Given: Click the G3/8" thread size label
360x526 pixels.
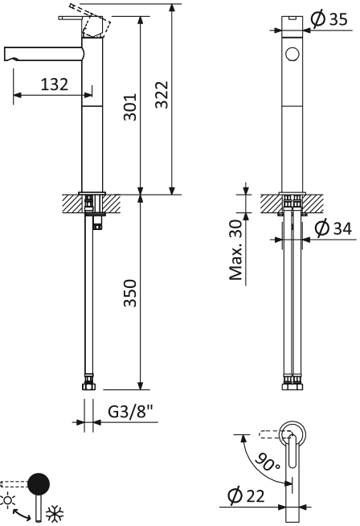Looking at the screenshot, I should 129,413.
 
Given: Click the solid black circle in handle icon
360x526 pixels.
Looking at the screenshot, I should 38,484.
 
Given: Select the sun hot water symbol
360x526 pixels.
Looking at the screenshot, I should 9,499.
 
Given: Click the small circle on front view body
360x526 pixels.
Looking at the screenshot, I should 292,55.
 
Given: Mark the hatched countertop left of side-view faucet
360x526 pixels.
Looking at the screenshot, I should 70,202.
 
